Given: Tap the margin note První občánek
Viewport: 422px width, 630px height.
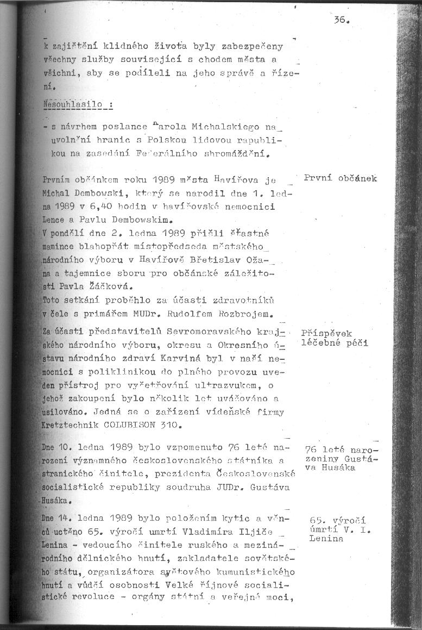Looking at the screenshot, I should click(x=341, y=178).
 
